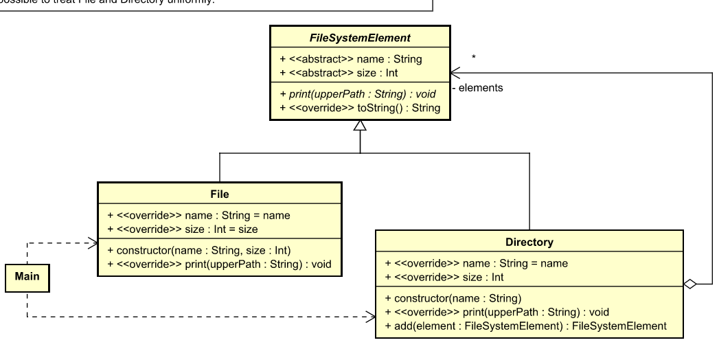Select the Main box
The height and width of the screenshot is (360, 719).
(x=27, y=276)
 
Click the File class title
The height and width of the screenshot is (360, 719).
(x=220, y=194)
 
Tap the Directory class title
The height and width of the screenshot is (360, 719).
(x=529, y=242)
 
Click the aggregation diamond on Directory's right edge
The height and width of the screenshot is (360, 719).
(x=690, y=284)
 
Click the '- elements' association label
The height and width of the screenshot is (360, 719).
(x=478, y=88)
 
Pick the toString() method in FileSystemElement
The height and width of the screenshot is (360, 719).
(x=360, y=108)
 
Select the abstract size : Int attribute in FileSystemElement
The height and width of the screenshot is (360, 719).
(x=334, y=73)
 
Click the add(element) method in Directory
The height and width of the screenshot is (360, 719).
(x=525, y=326)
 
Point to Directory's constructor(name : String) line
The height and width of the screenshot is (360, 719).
(x=453, y=298)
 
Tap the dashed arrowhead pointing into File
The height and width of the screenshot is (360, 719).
(x=93, y=242)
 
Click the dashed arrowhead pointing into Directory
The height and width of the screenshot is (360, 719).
(x=371, y=317)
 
